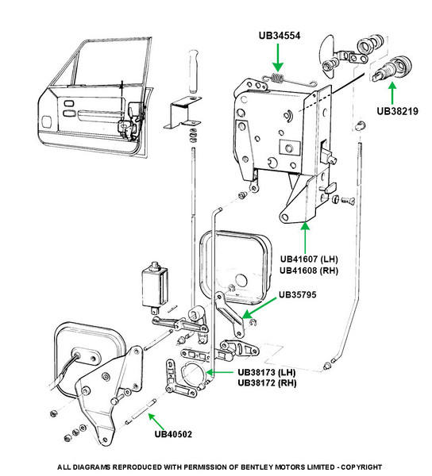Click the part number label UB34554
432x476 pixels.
click(280, 36)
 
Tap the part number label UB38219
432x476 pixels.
click(397, 111)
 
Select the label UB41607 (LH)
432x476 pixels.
click(309, 259)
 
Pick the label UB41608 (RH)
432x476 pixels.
click(309, 271)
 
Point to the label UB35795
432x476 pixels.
click(298, 294)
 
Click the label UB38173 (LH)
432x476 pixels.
click(267, 372)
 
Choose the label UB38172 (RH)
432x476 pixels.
click(267, 383)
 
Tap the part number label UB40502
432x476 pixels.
click(173, 434)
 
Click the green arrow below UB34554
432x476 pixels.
click(278, 58)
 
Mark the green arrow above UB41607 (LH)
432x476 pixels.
click(305, 237)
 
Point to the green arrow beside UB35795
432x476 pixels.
click(259, 308)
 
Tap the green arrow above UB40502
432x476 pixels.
click(156, 422)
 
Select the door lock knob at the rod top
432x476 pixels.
click(193, 71)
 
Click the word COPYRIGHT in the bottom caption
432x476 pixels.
click(361, 467)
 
